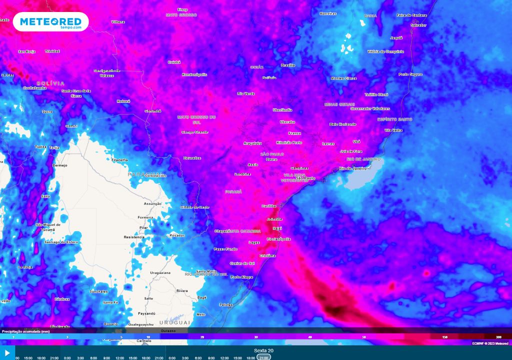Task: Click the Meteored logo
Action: tap(50, 22)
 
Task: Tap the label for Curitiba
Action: tap(268, 206)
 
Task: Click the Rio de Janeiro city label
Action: tap(352, 168)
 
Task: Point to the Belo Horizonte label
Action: tap(342, 124)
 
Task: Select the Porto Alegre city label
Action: tap(241, 276)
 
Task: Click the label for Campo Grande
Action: tap(194, 132)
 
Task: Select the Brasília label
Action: tap(288, 65)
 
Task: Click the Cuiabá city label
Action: tap(174, 62)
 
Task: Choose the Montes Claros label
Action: tap(343, 78)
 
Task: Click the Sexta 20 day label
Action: tap(263, 350)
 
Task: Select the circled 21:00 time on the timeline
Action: tap(263, 357)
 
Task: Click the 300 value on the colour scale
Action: tap(498, 337)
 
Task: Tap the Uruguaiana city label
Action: tap(160, 272)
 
